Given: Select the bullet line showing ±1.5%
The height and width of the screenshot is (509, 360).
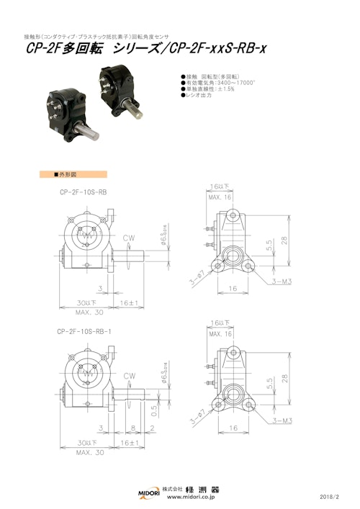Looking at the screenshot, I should (205, 89).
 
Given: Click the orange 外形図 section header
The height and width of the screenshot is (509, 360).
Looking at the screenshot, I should (72, 174).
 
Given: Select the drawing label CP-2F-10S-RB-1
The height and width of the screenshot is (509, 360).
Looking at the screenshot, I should (84, 332).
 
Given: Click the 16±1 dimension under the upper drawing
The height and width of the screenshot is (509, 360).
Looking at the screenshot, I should (128, 304).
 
